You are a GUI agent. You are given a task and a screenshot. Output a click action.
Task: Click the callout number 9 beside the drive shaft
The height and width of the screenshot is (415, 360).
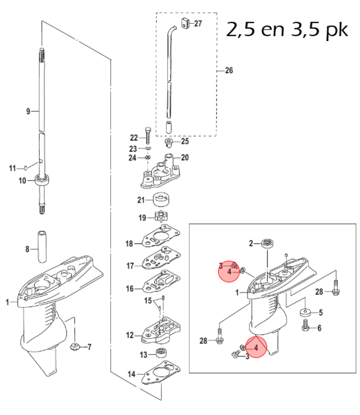[28, 112]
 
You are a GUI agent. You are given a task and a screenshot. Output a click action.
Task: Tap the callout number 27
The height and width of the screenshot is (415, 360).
[198, 24]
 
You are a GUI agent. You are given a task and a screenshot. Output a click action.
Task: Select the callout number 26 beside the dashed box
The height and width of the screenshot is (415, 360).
[228, 71]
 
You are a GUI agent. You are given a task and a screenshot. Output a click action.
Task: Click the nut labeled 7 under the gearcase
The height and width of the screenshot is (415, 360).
[74, 348]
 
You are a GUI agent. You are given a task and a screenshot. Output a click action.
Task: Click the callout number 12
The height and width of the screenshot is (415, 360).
[130, 335]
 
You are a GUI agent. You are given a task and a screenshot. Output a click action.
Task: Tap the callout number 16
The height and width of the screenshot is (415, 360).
[130, 288]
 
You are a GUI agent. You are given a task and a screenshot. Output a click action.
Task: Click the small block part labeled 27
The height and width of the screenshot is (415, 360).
[185, 24]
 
